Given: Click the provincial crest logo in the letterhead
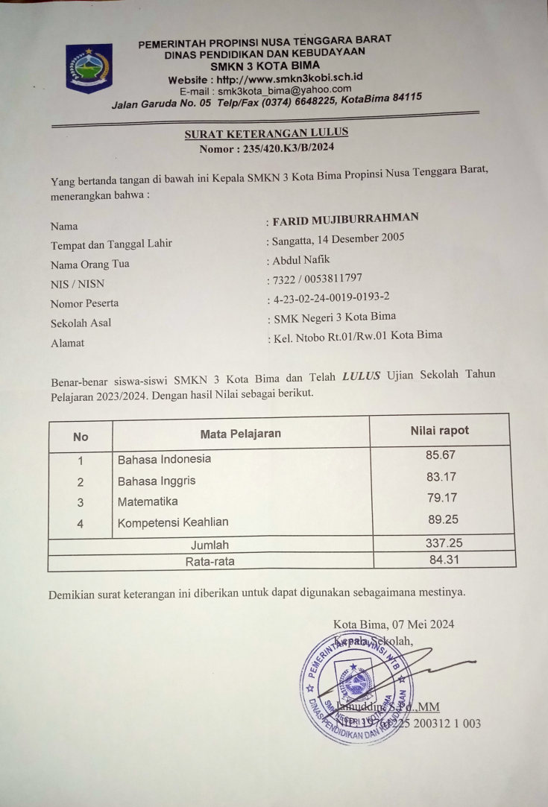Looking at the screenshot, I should pos(89,68).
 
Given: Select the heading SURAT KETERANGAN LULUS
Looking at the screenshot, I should pos(266,133).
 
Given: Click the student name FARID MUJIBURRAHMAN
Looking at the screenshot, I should pos(345,218).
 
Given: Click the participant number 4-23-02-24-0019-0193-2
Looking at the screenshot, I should pos(331,298).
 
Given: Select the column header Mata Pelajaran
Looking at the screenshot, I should pos(241,434).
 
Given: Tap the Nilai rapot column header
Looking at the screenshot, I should pos(440,431).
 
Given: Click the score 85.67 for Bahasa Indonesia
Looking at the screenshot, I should pos(439,455).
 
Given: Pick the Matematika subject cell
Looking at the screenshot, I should pos(148,502).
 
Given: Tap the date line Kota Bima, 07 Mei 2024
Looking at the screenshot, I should pos(394,624).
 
